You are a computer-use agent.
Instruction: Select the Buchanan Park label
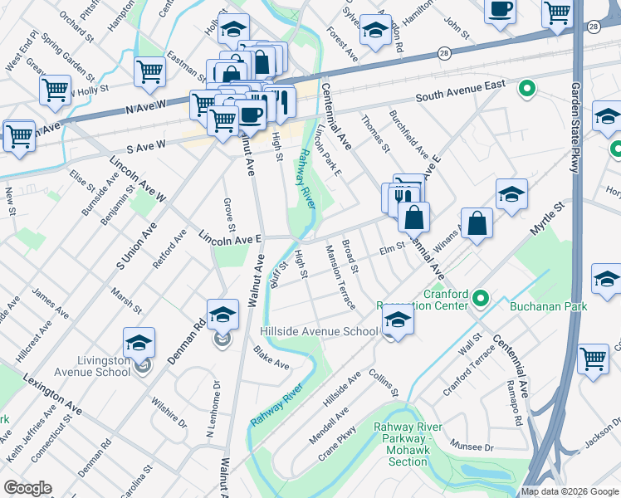pyautogui.click(x=549, y=306)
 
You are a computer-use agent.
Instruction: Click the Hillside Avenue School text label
pyautogui.click(x=320, y=331)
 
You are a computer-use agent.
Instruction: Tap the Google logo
pyautogui.click(x=28, y=487)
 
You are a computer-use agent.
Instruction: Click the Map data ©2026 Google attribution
pyautogui.click(x=570, y=491)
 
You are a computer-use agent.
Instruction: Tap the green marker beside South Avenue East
pyautogui.click(x=526, y=88)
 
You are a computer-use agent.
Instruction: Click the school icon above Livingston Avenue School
pyautogui.click(x=139, y=341)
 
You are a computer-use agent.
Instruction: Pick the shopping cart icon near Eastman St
pyautogui.click(x=149, y=71)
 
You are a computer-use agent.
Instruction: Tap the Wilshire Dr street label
pyautogui.click(x=169, y=412)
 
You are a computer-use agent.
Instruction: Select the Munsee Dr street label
pyautogui.click(x=477, y=447)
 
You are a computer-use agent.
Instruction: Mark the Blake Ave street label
pyautogui.click(x=271, y=359)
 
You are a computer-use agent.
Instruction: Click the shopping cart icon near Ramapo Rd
pyautogui.click(x=593, y=359)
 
